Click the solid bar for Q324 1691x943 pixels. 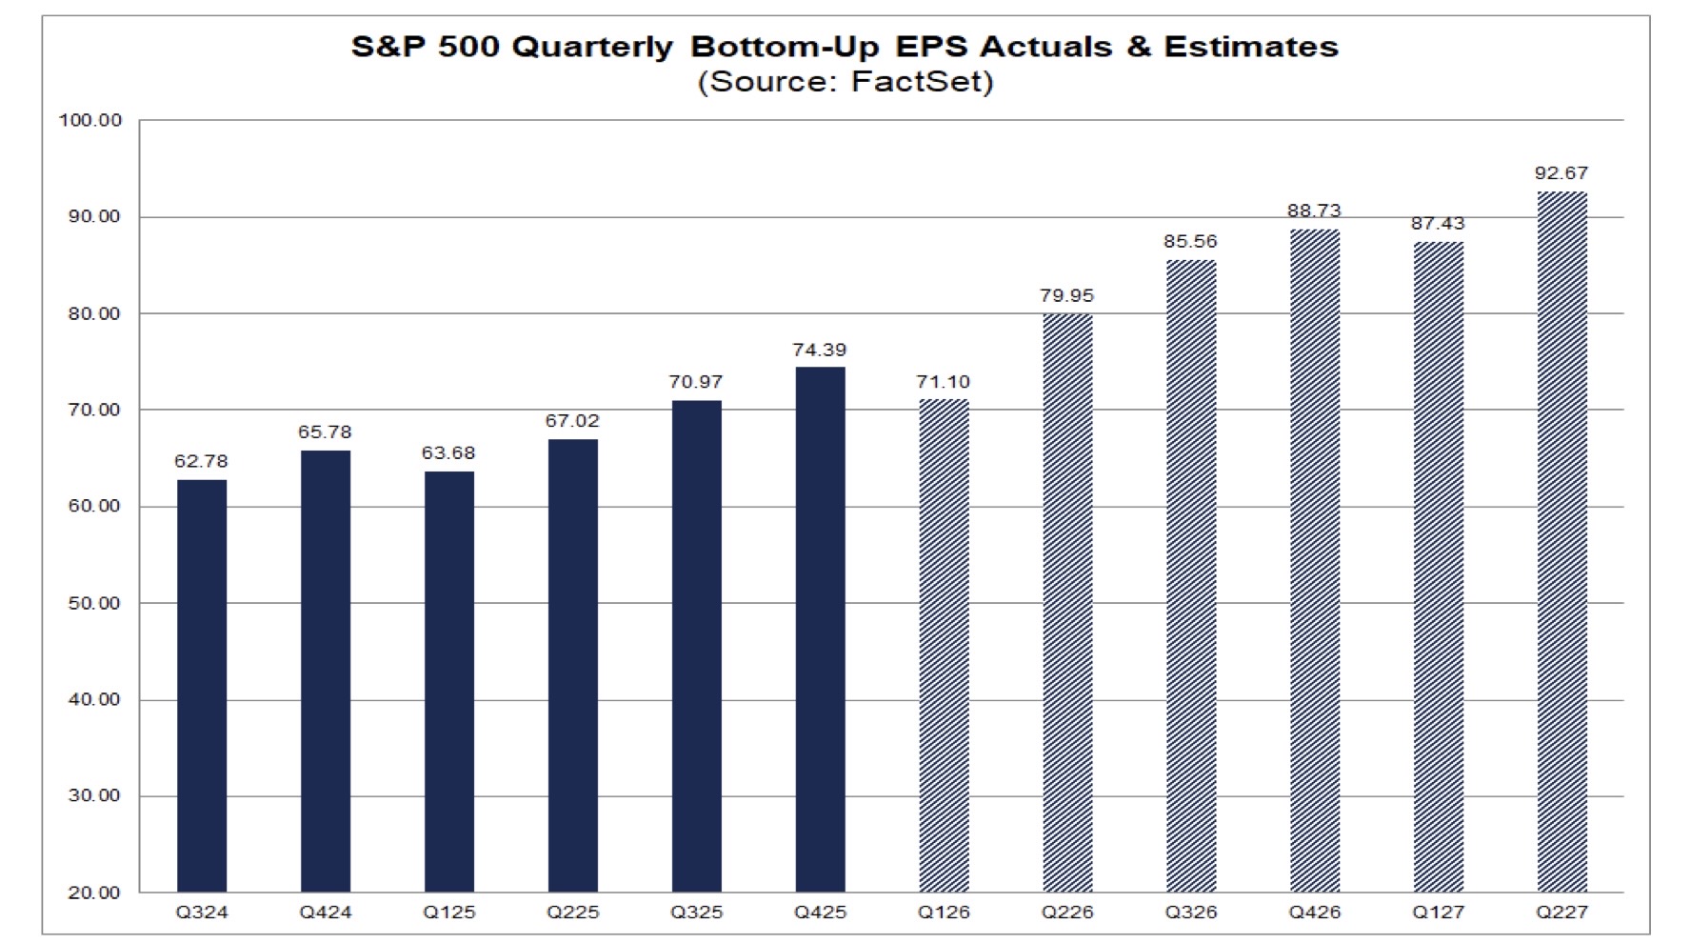[x=202, y=686]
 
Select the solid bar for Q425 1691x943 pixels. [x=820, y=630]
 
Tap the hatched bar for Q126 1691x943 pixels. [x=944, y=646]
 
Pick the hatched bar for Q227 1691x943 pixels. [x=1562, y=542]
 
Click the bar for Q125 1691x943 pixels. [x=449, y=682]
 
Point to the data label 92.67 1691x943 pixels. [x=1562, y=172]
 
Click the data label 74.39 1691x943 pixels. [x=819, y=350]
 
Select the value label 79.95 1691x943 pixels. [x=1066, y=295]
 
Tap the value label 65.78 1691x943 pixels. [x=325, y=431]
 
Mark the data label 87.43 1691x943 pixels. [x=1438, y=223]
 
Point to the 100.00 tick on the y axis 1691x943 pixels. [x=90, y=120]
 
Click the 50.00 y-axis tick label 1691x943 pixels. [x=94, y=603]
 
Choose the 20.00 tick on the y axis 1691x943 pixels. [x=94, y=893]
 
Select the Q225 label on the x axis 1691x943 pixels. [x=572, y=913]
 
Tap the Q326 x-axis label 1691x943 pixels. [x=1191, y=913]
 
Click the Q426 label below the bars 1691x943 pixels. [x=1314, y=913]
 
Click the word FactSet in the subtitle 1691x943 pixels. [x=916, y=81]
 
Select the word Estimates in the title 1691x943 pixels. [x=1251, y=47]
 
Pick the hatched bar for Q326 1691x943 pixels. [x=1191, y=576]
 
